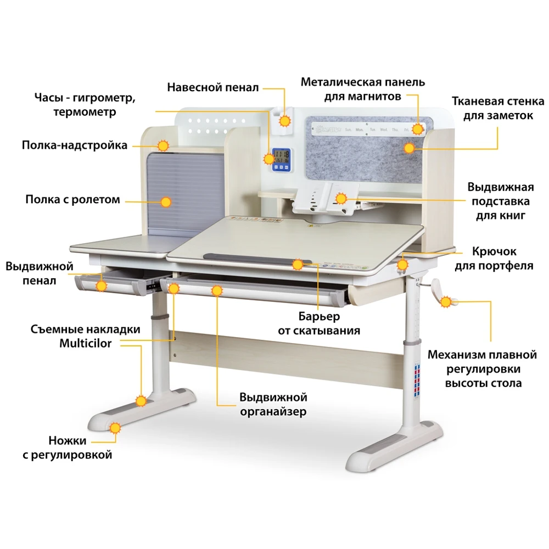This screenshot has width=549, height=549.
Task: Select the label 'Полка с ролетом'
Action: point(72,199)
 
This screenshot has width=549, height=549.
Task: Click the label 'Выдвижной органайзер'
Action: point(273,404)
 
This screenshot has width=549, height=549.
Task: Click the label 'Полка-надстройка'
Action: point(75,145)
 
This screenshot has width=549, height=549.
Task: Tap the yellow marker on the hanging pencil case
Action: point(285,120)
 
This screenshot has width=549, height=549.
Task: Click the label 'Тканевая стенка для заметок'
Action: point(497,108)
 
